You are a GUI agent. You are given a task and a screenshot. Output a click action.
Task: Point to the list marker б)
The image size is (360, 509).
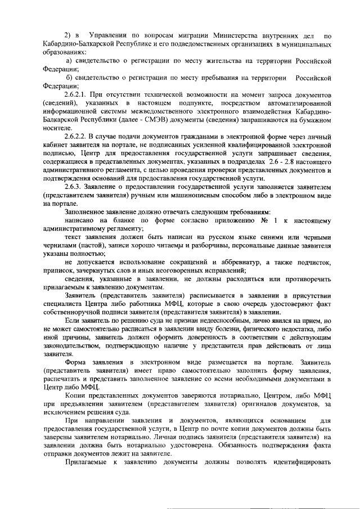[70, 77]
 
